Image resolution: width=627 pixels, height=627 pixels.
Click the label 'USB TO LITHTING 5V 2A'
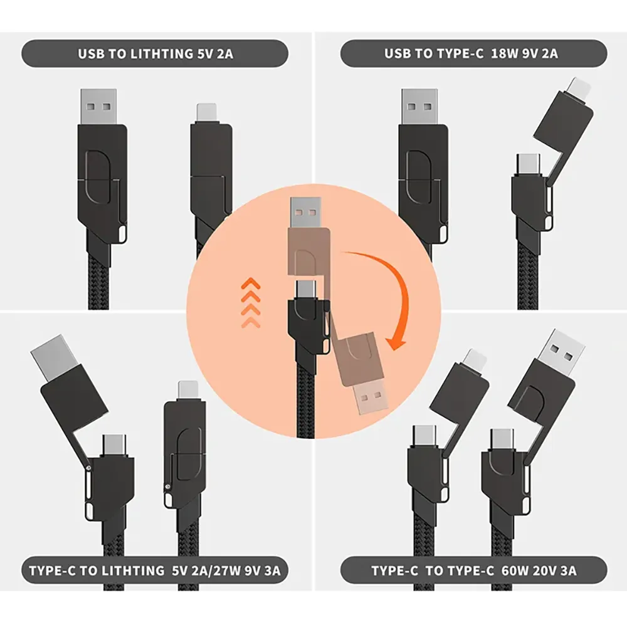[155, 53]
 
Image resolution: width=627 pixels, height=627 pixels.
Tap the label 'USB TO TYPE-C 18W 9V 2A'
[471, 53]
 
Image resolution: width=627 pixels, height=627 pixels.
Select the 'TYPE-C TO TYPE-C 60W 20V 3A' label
[474, 571]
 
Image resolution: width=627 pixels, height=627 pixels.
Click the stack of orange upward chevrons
[251, 303]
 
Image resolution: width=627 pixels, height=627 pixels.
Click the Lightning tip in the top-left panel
[206, 113]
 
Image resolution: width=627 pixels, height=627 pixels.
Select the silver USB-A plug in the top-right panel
[419, 107]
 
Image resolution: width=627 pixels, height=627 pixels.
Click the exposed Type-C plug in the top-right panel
[529, 164]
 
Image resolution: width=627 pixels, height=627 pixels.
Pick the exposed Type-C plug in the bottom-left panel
[114, 445]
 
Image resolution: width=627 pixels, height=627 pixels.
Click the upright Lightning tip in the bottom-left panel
[188, 391]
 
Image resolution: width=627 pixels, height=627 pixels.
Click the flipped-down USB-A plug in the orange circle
[371, 397]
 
